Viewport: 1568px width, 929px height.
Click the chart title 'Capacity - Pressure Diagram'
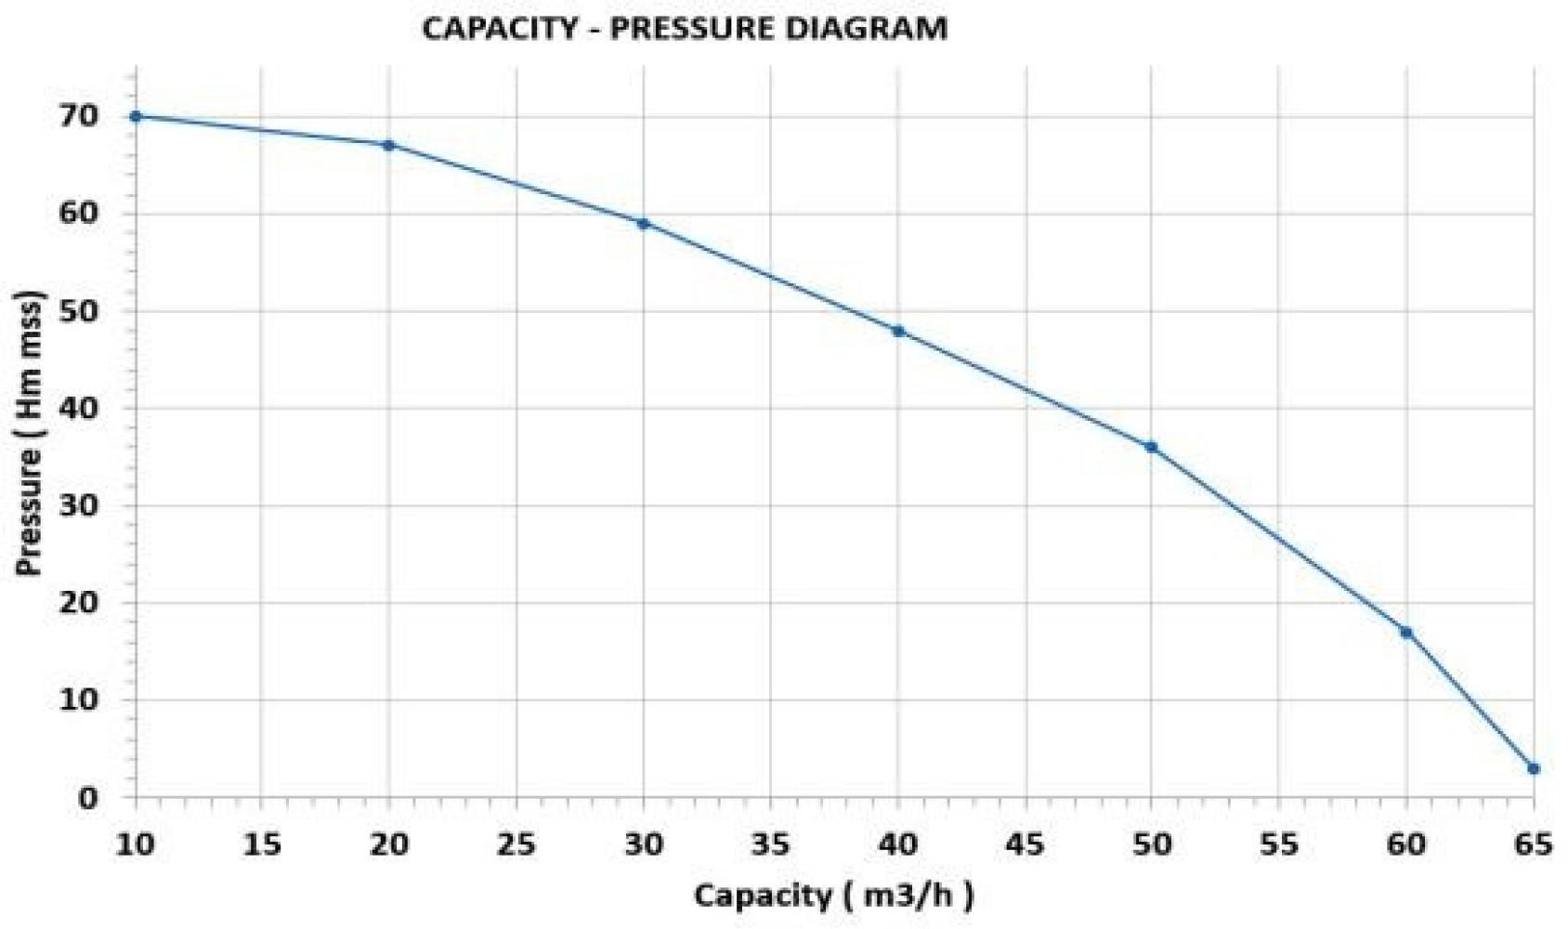(685, 29)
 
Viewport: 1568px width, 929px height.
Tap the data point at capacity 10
(136, 116)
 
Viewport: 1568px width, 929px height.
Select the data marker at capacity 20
(389, 145)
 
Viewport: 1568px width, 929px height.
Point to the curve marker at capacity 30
(643, 223)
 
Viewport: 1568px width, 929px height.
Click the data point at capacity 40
(898, 331)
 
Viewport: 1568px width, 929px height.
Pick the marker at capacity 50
(1151, 447)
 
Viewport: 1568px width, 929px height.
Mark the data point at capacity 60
(1405, 633)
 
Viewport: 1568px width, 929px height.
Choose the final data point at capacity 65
(1534, 768)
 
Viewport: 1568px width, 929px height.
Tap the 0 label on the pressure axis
(88, 797)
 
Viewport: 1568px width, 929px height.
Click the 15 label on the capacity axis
(262, 844)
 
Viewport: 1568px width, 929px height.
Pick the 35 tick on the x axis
(770, 844)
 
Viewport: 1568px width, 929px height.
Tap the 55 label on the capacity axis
(1278, 844)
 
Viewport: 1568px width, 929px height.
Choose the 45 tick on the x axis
(1025, 844)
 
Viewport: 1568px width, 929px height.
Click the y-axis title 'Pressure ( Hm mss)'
(30, 433)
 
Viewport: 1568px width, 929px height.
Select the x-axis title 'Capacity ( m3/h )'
(833, 896)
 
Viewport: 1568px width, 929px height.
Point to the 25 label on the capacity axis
(516, 844)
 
